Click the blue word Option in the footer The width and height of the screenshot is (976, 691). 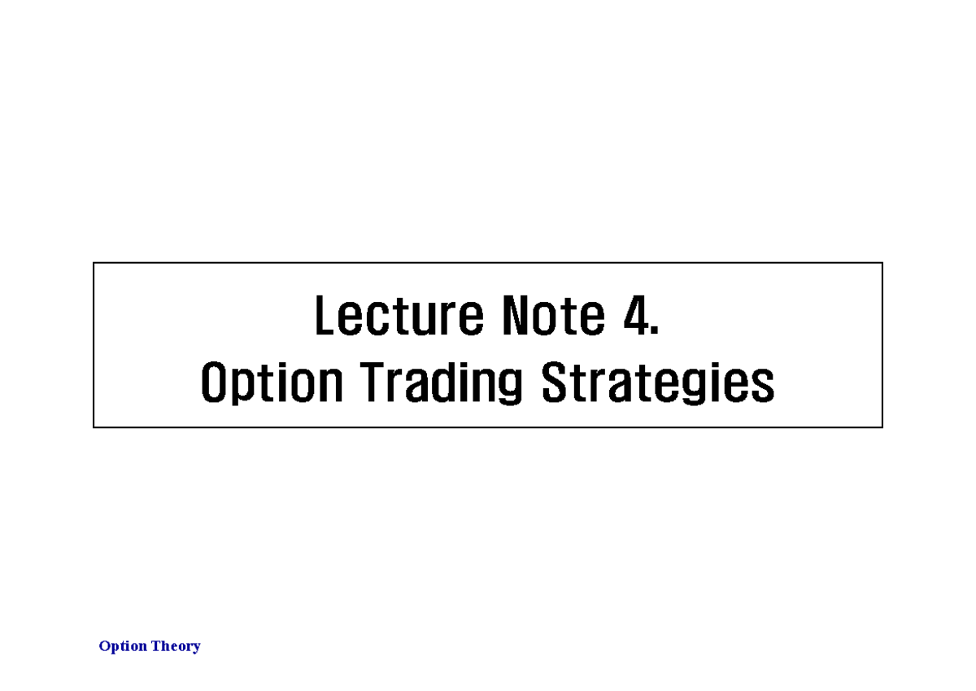(x=123, y=646)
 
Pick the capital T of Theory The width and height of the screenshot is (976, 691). (x=155, y=646)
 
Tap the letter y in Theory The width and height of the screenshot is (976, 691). (x=196, y=649)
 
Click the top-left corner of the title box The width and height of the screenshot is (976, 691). (x=94, y=263)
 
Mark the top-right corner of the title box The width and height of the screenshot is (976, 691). (x=882, y=263)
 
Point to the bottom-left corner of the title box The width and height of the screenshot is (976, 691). (x=94, y=427)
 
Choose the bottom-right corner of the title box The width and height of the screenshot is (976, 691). (x=882, y=427)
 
